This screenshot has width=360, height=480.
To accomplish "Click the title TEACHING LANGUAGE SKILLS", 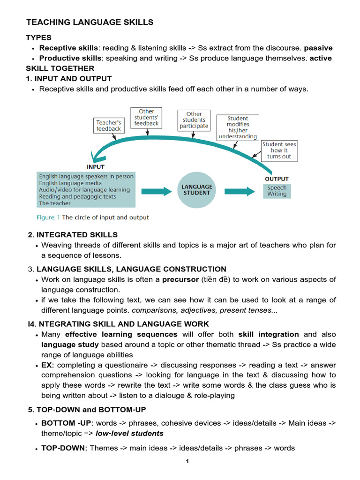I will [90, 22].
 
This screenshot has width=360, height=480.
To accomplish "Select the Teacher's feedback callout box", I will [109, 125].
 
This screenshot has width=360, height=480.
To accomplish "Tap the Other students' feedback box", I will [146, 118].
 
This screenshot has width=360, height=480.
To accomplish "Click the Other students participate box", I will [194, 120].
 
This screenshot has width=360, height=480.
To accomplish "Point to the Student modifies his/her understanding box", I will [238, 127].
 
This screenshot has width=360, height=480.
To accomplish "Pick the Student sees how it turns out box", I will [279, 150].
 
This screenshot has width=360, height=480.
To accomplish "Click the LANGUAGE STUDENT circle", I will [197, 190].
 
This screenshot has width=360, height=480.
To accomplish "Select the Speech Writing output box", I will [277, 191].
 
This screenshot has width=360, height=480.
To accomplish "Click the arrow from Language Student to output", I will [239, 191].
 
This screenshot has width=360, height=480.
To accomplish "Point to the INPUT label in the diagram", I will [96, 166].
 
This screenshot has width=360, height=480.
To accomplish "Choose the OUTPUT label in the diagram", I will [277, 179].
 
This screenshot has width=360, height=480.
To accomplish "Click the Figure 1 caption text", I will [93, 217].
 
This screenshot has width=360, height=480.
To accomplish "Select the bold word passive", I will [318, 48].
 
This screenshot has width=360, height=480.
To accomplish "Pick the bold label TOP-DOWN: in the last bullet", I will [64, 448].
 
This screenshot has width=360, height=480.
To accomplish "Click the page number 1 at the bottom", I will [187, 462].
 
